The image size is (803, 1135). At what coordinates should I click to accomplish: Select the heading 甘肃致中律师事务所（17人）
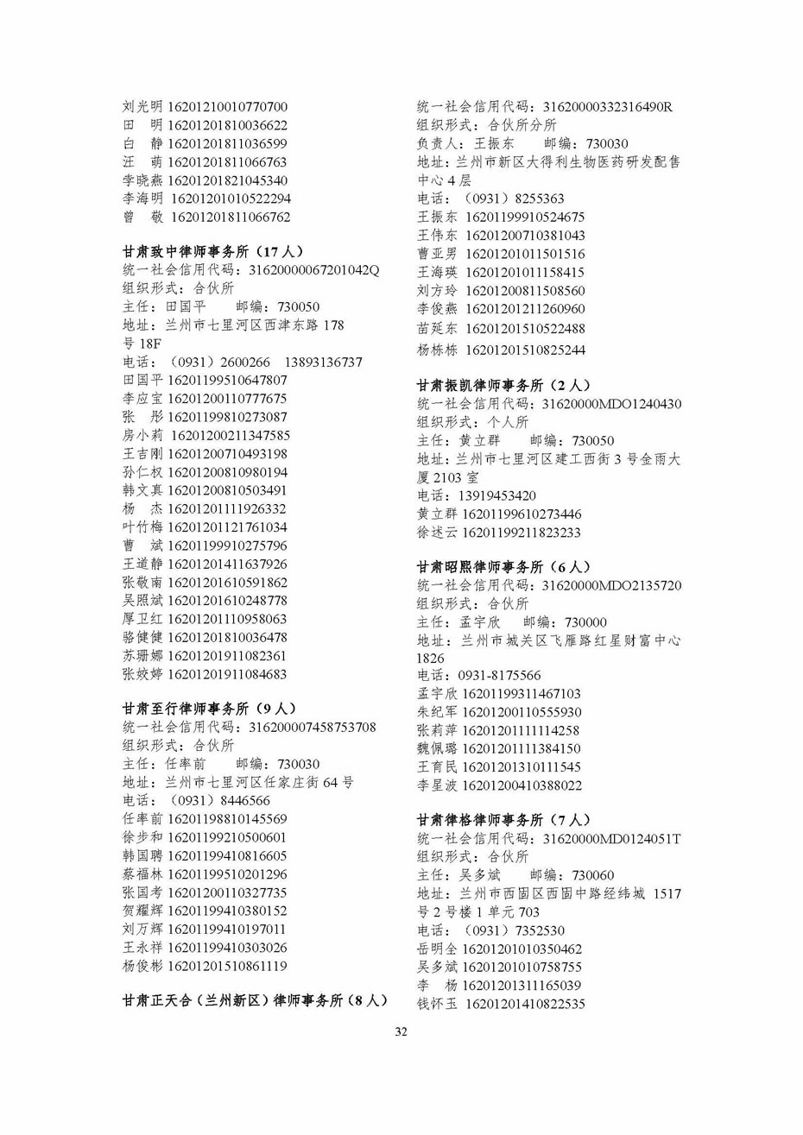[x=212, y=252]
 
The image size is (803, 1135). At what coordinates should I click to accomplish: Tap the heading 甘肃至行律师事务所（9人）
[x=209, y=709]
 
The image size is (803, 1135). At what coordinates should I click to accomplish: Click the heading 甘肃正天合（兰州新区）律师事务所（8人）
[x=255, y=1001]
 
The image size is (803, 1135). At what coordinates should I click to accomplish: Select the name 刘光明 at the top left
[x=142, y=107]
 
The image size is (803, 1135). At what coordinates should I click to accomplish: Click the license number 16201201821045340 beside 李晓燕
[x=227, y=180]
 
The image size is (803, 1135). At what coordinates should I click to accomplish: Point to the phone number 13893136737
[x=323, y=362]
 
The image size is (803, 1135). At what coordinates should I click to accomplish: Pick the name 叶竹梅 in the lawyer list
[x=142, y=527]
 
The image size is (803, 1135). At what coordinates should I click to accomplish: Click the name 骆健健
[x=142, y=637]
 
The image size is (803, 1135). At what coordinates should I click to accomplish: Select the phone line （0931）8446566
[x=196, y=800]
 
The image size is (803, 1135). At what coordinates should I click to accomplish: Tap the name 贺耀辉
[x=142, y=911]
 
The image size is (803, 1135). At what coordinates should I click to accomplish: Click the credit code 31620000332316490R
[x=607, y=107]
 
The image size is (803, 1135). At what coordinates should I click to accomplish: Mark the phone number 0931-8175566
[x=479, y=676]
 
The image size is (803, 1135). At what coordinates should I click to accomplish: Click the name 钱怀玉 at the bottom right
[x=437, y=1004]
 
